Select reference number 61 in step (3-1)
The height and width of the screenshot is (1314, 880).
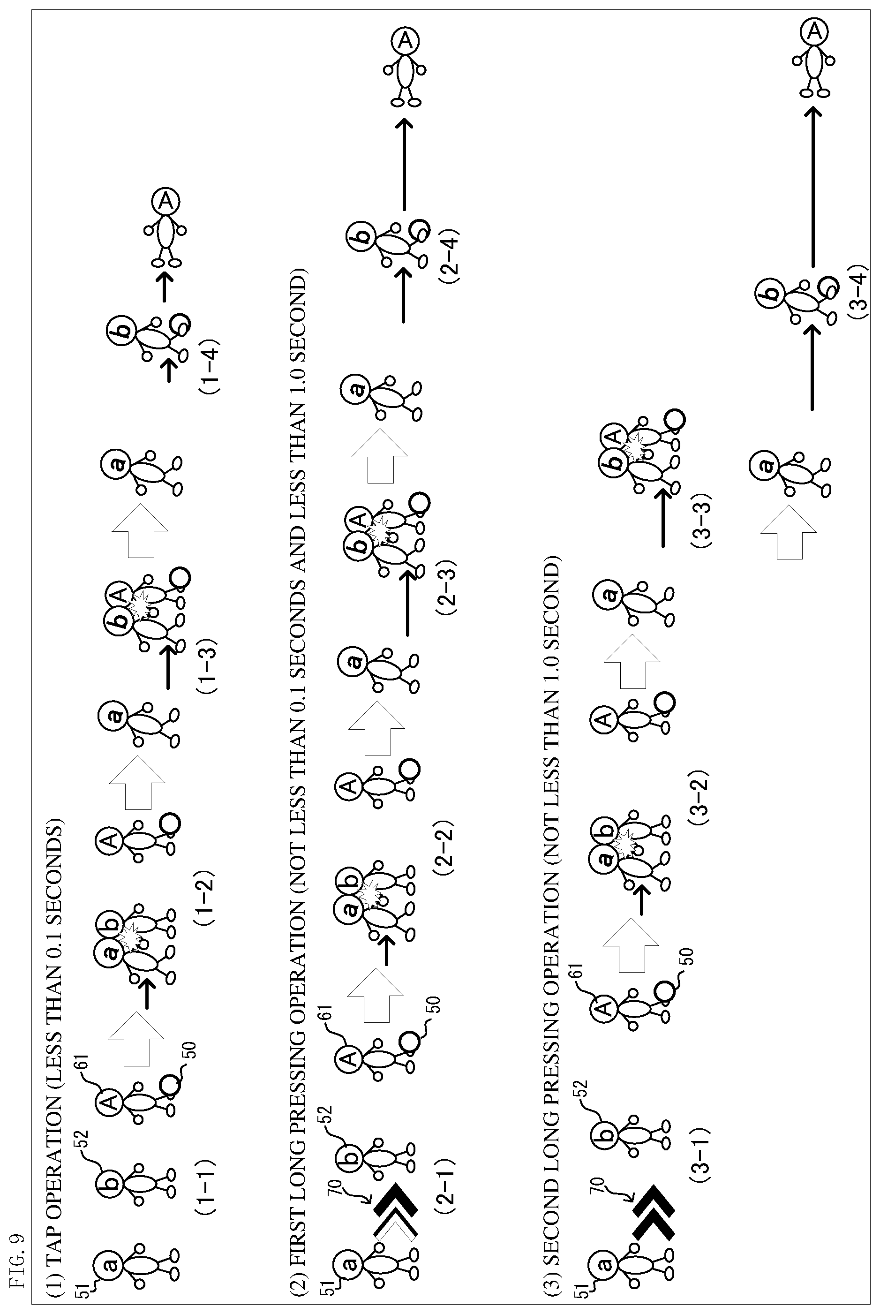pyautogui.click(x=580, y=972)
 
